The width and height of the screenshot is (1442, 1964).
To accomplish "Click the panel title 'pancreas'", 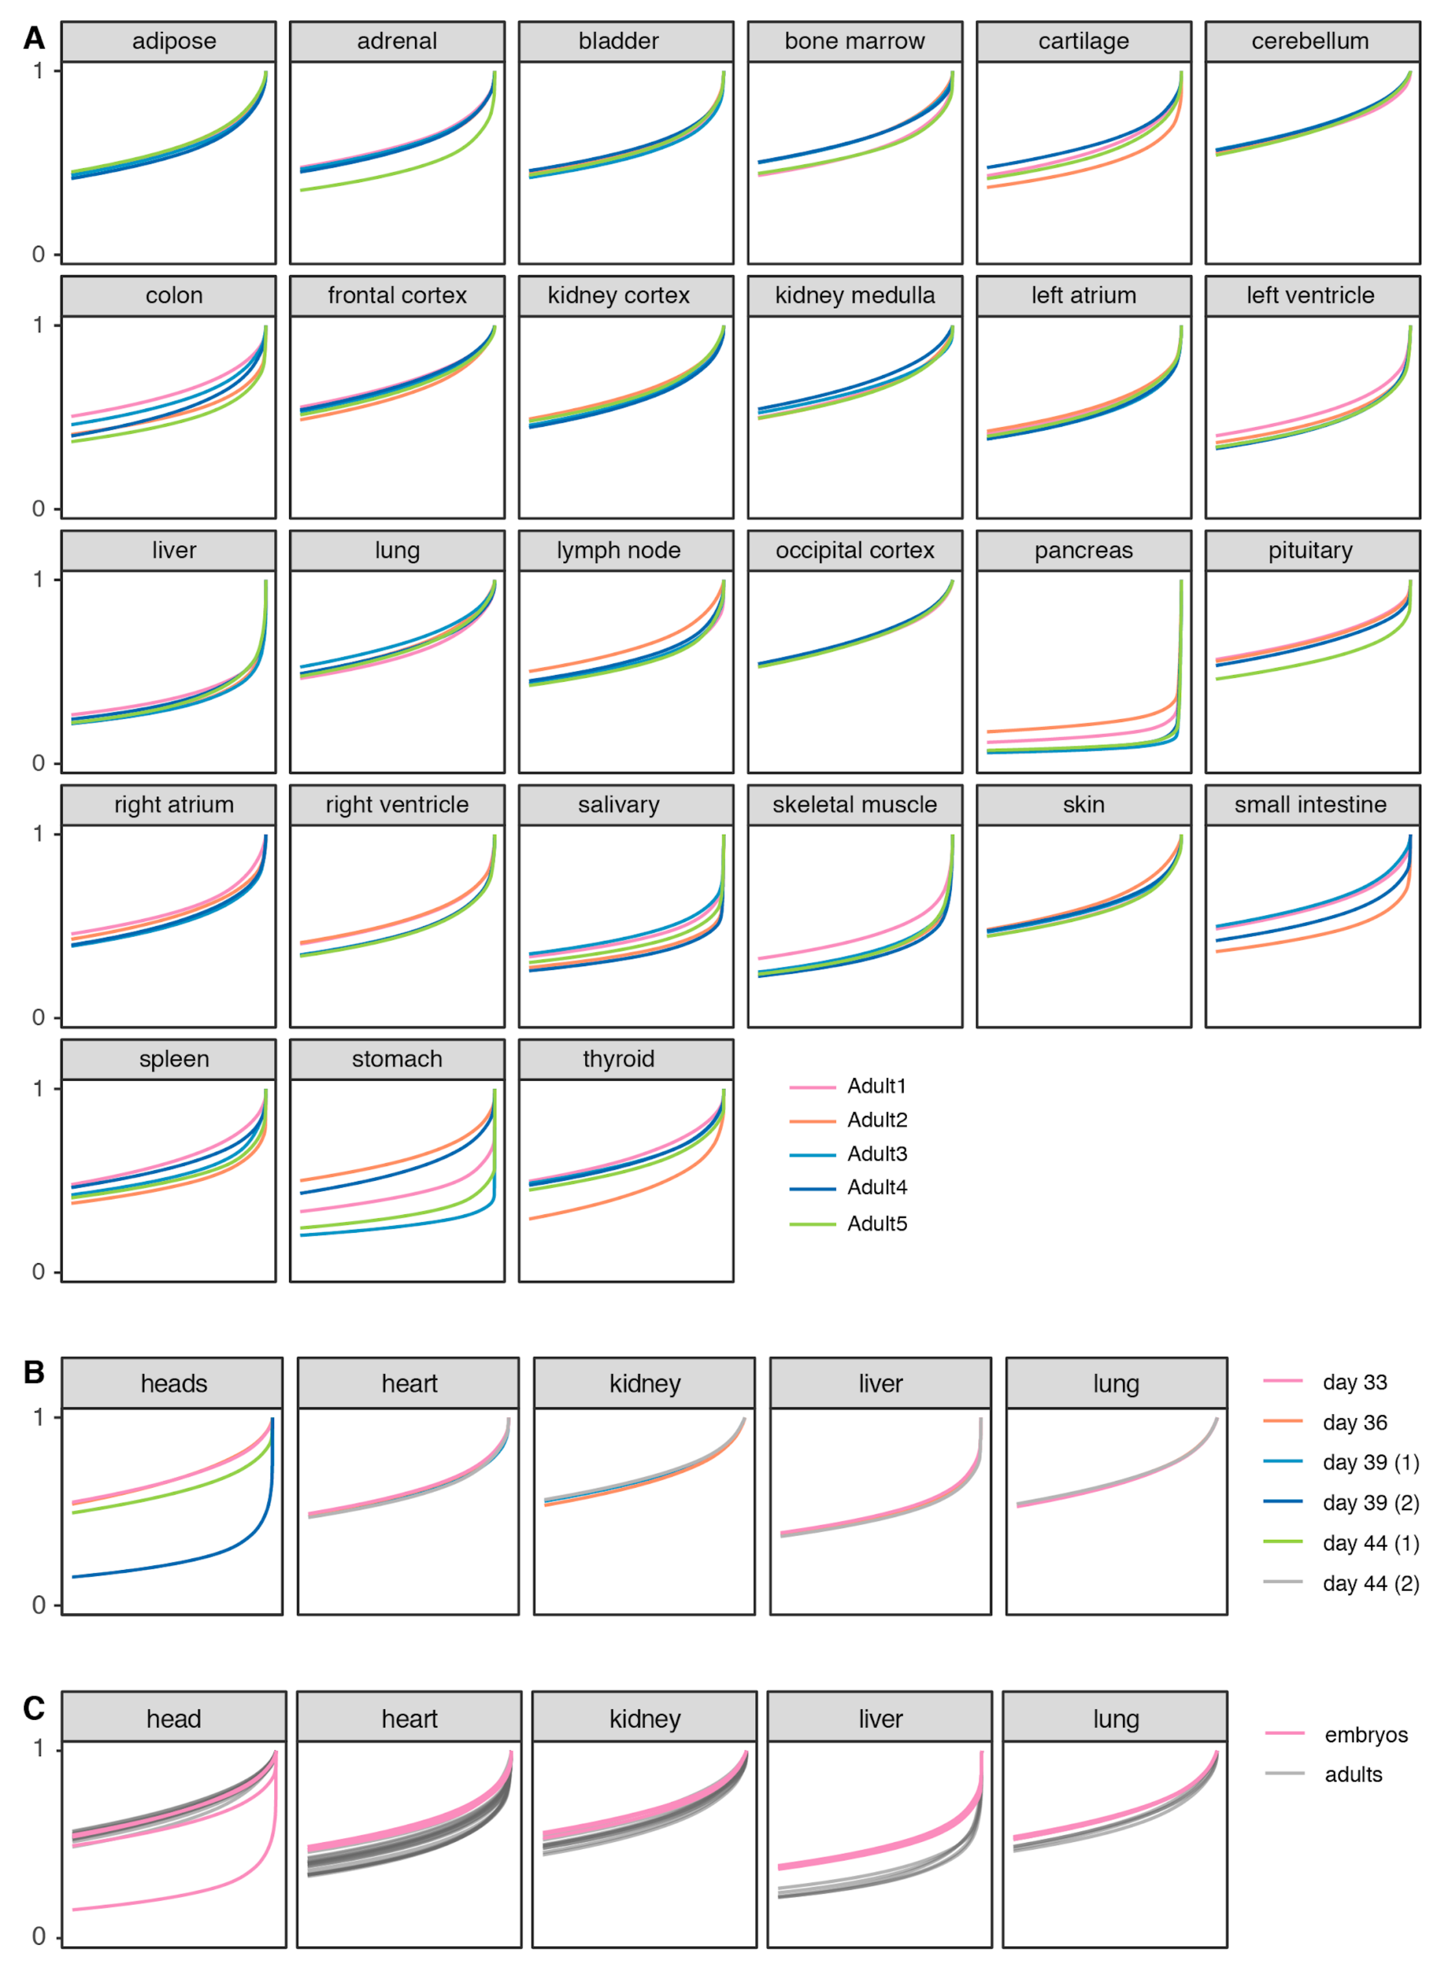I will tap(1083, 550).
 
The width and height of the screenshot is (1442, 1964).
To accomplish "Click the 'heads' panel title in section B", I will tap(174, 1384).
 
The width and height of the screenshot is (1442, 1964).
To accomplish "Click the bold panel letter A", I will tap(34, 38).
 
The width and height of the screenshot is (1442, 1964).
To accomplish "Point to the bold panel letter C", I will tap(34, 1708).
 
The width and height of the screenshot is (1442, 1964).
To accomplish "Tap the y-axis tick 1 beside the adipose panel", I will tap(39, 71).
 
